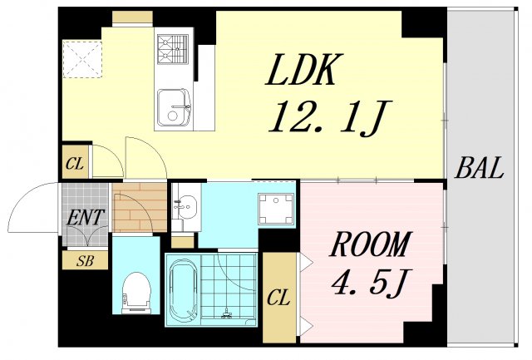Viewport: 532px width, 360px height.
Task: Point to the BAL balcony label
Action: (480, 169)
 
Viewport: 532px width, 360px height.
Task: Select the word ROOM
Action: (371, 246)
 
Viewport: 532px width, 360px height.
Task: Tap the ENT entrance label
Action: (86, 218)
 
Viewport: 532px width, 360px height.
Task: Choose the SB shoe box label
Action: (85, 260)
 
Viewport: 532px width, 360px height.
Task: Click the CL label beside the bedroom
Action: (279, 298)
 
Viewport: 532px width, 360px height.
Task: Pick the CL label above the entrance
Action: (75, 164)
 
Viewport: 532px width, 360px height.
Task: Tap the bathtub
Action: (181, 289)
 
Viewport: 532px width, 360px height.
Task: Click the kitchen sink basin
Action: (174, 106)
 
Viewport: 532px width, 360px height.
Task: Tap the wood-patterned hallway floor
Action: (139, 208)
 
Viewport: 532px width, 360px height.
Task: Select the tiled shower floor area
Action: (229, 288)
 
